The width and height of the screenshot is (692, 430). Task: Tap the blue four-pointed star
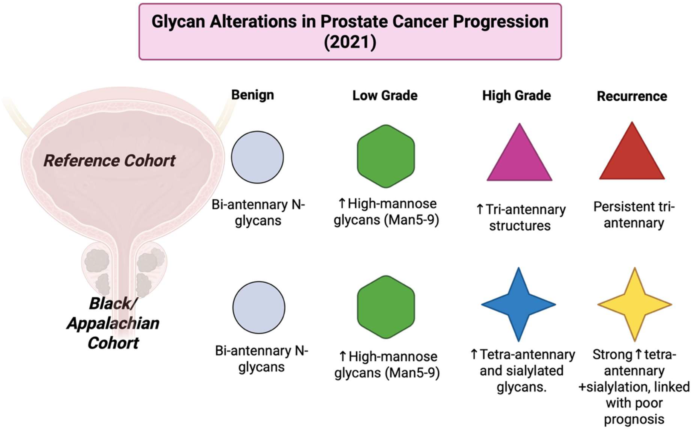(518, 304)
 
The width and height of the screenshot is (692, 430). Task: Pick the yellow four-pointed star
(634, 304)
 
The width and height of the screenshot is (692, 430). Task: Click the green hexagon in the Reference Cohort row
(386, 156)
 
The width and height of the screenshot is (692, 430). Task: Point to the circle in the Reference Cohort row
(257, 157)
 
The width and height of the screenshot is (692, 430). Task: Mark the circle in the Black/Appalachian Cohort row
(259, 307)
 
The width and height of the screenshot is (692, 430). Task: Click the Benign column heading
(253, 95)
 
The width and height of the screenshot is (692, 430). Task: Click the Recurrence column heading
(632, 96)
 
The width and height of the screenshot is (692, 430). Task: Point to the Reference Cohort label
(109, 161)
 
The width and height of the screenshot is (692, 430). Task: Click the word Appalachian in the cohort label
(113, 323)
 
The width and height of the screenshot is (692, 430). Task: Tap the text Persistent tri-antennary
(634, 215)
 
